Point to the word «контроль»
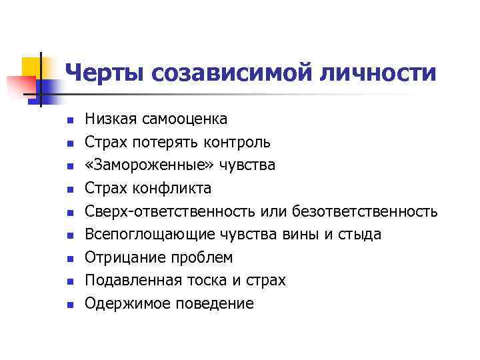click(x=237, y=143)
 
